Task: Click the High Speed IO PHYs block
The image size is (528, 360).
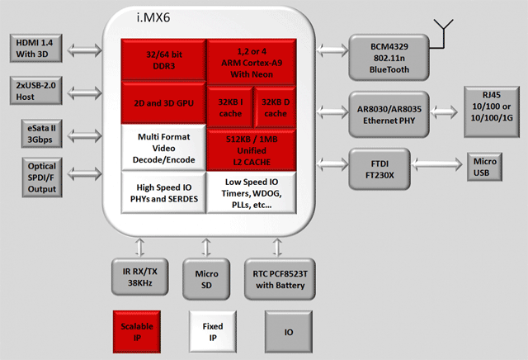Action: pos(163,192)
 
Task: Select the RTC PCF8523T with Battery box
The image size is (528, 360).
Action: pos(275,277)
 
